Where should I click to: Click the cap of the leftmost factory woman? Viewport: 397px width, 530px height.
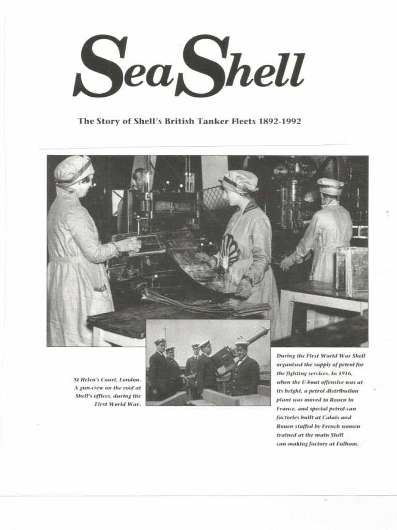(x=73, y=169)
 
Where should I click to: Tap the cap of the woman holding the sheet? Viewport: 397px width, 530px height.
(x=239, y=181)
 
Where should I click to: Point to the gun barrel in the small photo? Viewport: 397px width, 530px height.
(x=256, y=336)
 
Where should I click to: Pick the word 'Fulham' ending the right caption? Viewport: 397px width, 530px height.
(x=347, y=444)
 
